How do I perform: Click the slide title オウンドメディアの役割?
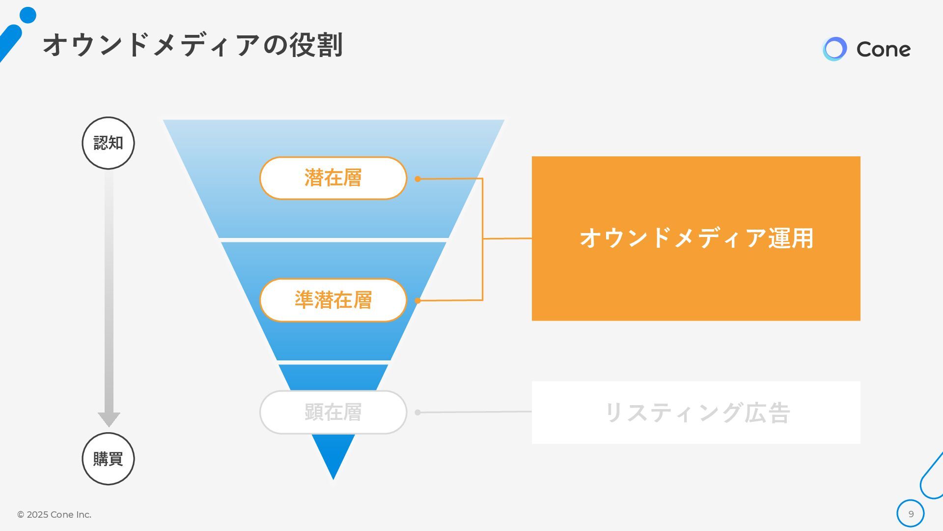pyautogui.click(x=193, y=45)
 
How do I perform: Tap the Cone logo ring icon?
pyautogui.click(x=834, y=49)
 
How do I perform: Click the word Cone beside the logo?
pyautogui.click(x=883, y=49)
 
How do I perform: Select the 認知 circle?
pyautogui.click(x=108, y=143)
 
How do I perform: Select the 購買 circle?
pyautogui.click(x=108, y=459)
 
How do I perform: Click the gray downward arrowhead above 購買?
pyautogui.click(x=109, y=419)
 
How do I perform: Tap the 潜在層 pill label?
pyautogui.click(x=333, y=178)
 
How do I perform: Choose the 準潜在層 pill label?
pyautogui.click(x=333, y=300)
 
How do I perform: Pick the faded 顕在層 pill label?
pyautogui.click(x=333, y=412)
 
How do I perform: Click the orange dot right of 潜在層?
pyautogui.click(x=417, y=179)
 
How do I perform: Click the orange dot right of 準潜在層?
pyautogui.click(x=417, y=300)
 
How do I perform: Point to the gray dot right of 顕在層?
pyautogui.click(x=417, y=413)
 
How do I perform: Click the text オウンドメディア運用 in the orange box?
pyautogui.click(x=696, y=238)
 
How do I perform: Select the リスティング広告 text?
pyautogui.click(x=696, y=413)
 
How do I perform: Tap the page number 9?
pyautogui.click(x=911, y=514)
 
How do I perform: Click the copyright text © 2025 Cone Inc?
pyautogui.click(x=54, y=515)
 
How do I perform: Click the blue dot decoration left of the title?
pyautogui.click(x=28, y=15)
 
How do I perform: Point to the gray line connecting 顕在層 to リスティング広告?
pyautogui.click(x=474, y=412)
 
